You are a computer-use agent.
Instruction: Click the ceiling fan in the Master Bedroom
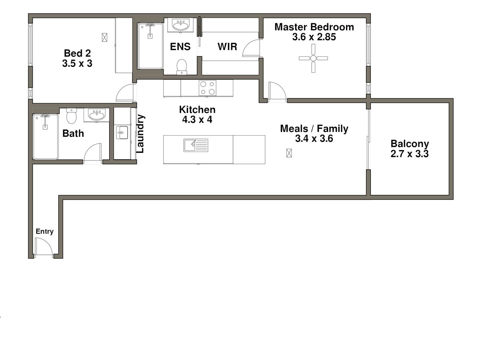[x=313, y=58]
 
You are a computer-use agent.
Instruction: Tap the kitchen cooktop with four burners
[x=208, y=88]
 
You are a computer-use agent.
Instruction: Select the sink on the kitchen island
[x=196, y=145]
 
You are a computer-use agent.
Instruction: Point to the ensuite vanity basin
[x=182, y=25]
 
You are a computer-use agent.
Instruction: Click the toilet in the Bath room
[x=72, y=116]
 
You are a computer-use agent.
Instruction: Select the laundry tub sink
[x=122, y=132]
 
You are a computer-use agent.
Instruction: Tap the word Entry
[x=44, y=231]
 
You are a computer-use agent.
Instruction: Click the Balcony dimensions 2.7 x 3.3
[x=410, y=154]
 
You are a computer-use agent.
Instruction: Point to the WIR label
[x=227, y=47]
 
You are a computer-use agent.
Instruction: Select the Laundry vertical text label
[x=140, y=134]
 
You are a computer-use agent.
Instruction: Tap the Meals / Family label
[x=314, y=128]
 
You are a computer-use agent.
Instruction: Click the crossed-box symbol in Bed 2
[x=105, y=37]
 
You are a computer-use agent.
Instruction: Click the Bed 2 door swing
[x=124, y=94]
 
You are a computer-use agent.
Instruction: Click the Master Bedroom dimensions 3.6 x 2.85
[x=314, y=37]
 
